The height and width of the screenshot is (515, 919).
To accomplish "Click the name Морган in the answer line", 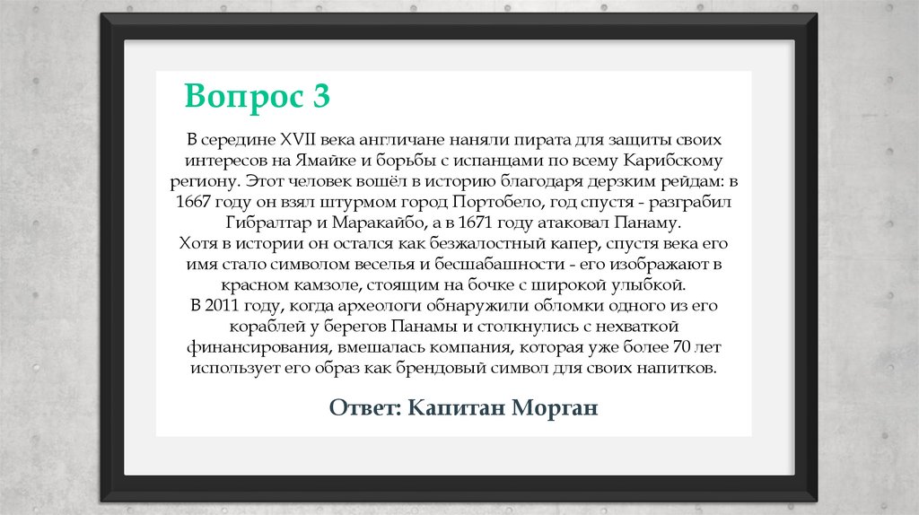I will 554,407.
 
